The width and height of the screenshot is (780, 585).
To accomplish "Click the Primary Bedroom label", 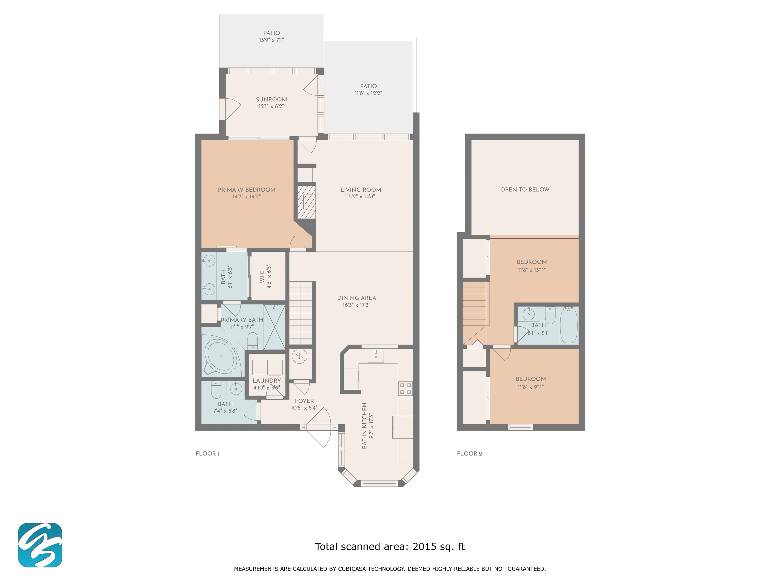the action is coord(247,190).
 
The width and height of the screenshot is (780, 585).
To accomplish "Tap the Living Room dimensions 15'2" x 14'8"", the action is coord(361,197).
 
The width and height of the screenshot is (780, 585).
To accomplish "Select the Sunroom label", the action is coord(271,100).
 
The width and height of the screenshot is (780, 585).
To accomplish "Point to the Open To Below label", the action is coord(525,189).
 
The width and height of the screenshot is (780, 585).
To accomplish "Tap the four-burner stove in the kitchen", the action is coord(405,388).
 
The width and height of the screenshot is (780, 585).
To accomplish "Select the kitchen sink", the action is coord(376,356).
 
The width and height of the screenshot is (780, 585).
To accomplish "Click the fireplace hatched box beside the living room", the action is coord(305,202).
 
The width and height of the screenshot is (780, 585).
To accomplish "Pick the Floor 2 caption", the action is coord(469,453).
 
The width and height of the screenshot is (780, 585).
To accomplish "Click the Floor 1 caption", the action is coord(208,453).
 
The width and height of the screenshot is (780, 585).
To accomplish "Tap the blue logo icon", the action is coord(40,545).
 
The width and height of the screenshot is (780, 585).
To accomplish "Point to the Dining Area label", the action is coord(356,298).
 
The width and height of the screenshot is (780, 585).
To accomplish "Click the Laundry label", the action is coord(267,381).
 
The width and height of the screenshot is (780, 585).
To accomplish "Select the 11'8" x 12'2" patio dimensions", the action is coord(368,93).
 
